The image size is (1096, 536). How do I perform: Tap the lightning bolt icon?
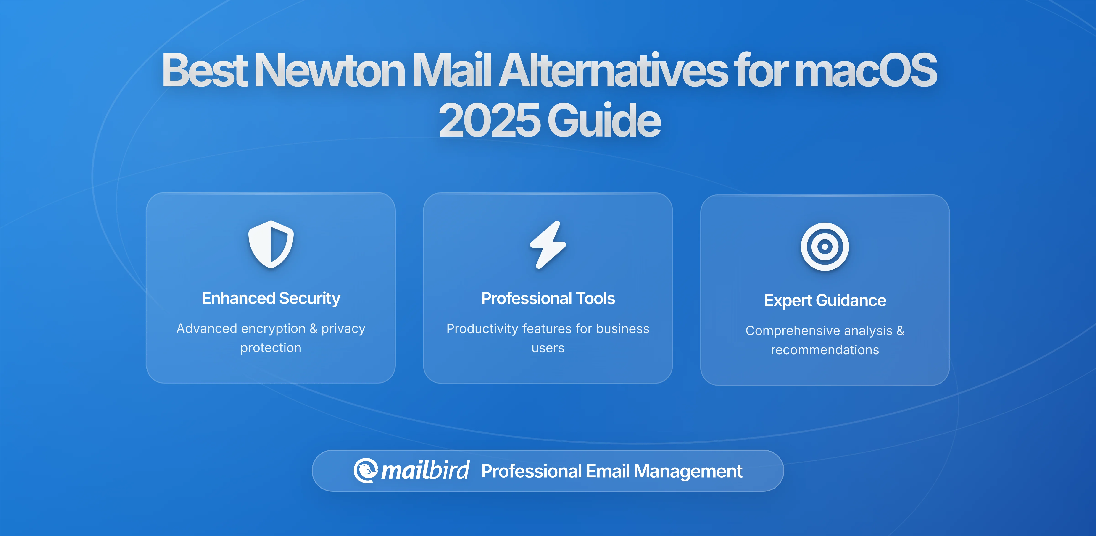(548, 245)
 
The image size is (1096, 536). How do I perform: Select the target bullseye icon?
(825, 247)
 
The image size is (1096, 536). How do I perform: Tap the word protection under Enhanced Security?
(271, 348)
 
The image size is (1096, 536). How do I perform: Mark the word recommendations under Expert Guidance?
(825, 350)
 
